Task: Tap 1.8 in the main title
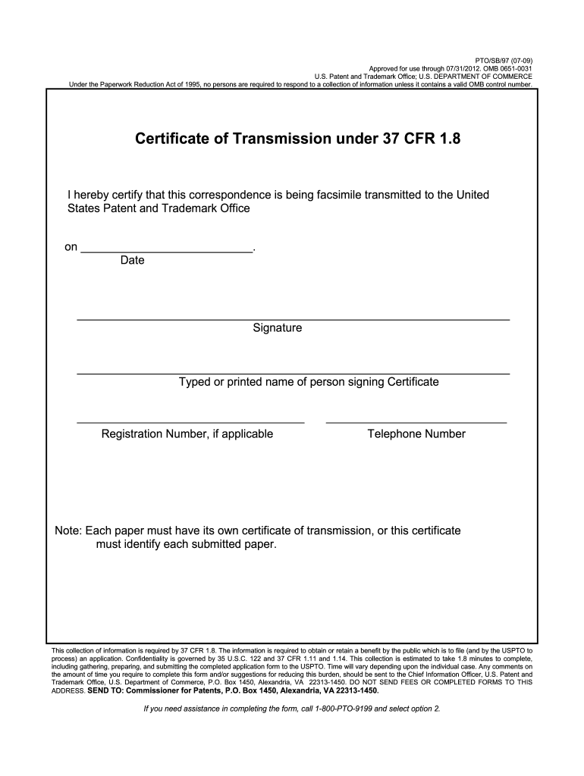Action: pos(445,139)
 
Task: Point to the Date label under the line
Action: pos(132,261)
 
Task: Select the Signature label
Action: pos(278,329)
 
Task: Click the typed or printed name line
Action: pos(293,374)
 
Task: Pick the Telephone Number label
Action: pos(416,434)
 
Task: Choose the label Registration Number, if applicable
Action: pos(187,434)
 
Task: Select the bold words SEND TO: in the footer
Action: pos(106,691)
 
